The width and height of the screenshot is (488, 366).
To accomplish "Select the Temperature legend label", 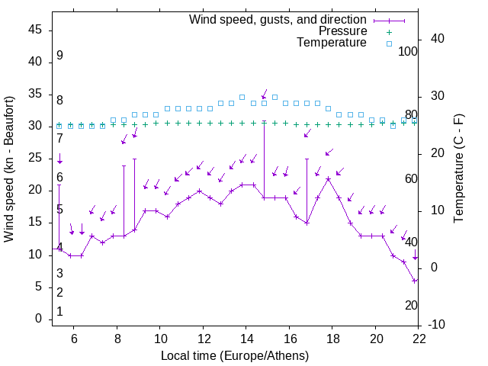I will click(332, 43).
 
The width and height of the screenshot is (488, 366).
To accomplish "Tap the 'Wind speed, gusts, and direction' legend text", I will click(278, 19).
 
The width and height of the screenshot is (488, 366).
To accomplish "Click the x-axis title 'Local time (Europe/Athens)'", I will click(235, 356).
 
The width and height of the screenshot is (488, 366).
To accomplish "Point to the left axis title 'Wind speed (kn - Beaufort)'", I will click(9, 169).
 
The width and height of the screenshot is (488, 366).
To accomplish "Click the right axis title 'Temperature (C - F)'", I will click(459, 169).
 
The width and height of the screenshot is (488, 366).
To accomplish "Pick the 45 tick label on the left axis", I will click(36, 30).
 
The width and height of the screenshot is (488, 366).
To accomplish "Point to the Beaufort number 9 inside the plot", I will click(59, 56).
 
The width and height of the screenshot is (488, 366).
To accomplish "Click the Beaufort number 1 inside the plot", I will click(59, 311).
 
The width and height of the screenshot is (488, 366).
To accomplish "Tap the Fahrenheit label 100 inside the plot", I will click(409, 51).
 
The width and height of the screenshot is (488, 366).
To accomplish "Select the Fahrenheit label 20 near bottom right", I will click(411, 305).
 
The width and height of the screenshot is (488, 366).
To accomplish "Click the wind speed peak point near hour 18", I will click(329, 178).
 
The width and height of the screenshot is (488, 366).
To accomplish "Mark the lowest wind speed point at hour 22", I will click(415, 281).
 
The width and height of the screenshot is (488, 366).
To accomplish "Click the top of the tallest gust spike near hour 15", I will click(264, 121).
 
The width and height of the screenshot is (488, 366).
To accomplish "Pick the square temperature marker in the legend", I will click(388, 43).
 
